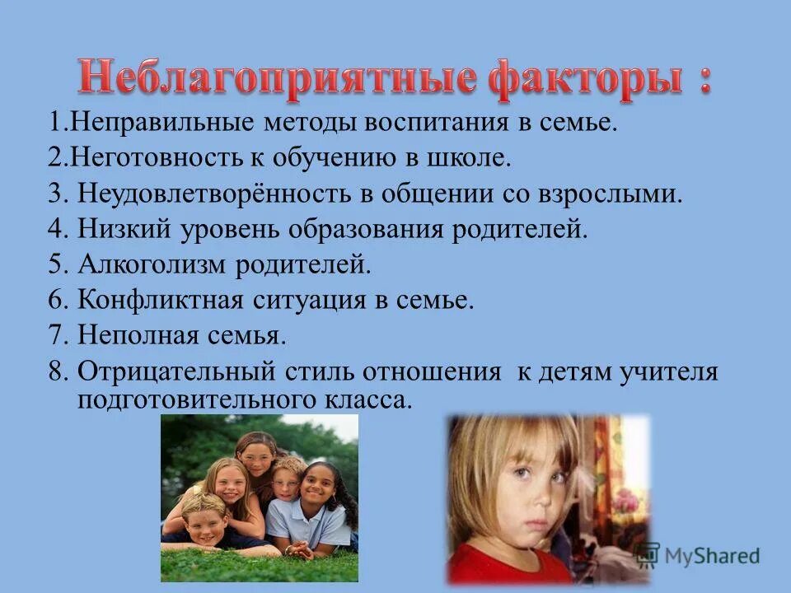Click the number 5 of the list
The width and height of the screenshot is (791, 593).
click(56, 265)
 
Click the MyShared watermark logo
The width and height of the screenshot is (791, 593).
click(697, 556)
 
